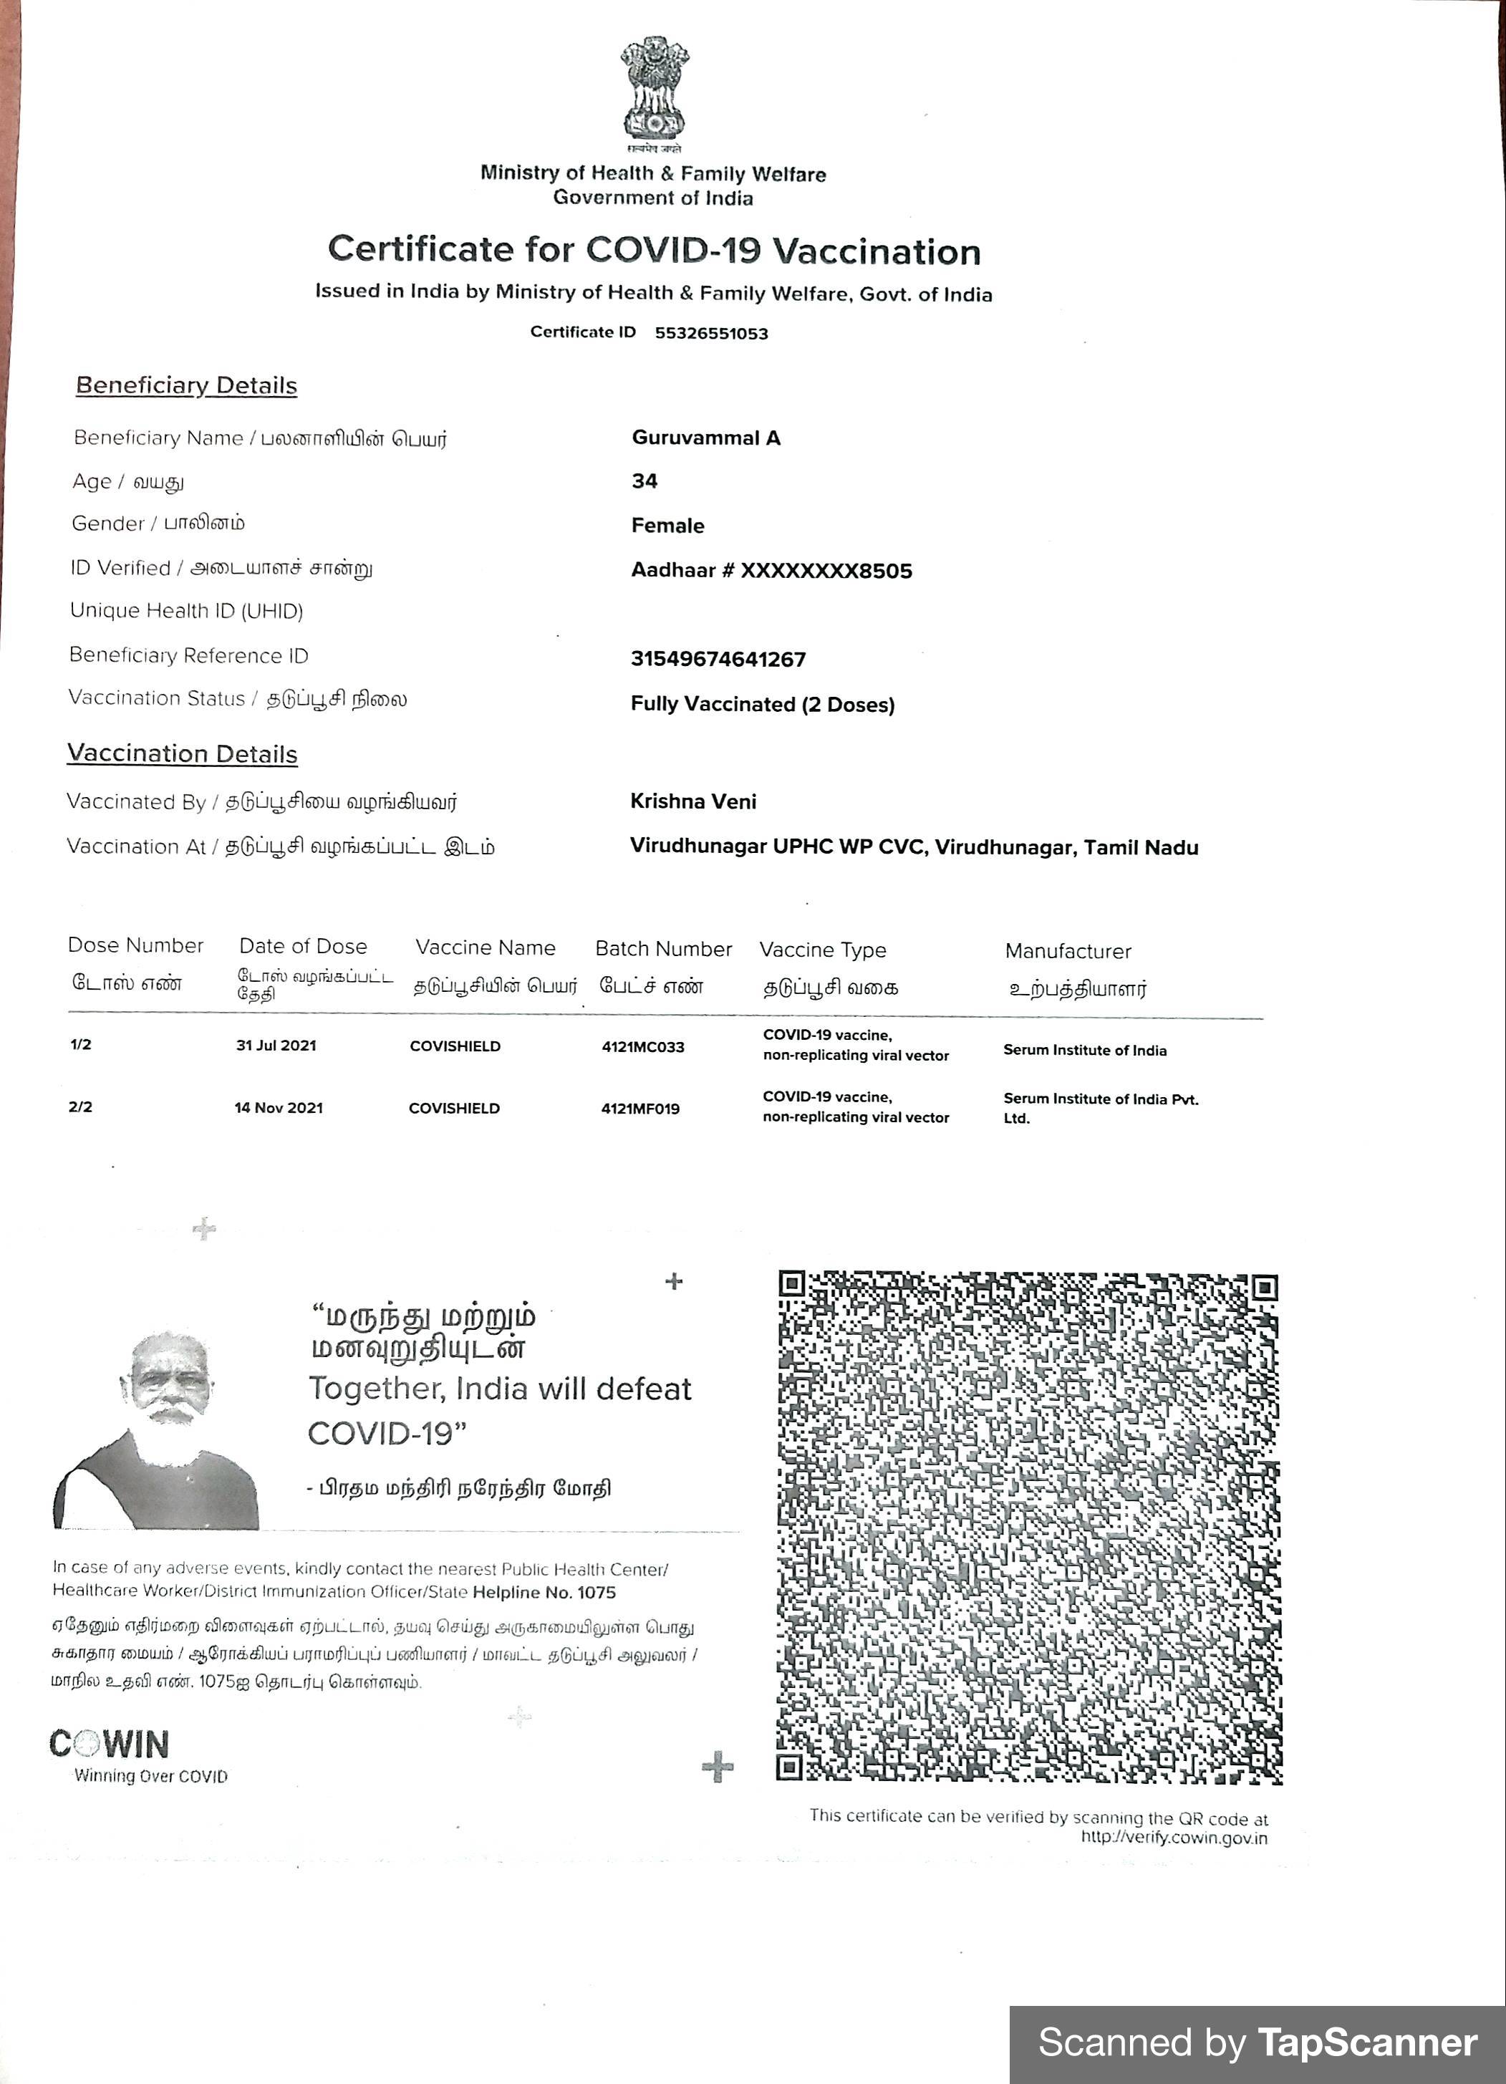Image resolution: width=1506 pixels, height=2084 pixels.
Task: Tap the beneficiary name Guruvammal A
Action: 705,438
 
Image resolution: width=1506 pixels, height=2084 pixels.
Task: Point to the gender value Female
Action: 668,526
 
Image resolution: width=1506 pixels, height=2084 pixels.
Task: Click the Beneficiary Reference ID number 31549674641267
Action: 718,659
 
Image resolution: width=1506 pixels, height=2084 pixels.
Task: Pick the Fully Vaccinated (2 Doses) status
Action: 762,705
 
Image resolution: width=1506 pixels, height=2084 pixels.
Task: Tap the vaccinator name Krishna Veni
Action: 692,801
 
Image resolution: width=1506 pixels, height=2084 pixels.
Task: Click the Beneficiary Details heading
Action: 186,386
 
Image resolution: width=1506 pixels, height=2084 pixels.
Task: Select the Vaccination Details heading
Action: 182,754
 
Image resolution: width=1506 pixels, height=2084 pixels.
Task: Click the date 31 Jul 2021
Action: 276,1046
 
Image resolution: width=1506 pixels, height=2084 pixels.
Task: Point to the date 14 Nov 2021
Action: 279,1108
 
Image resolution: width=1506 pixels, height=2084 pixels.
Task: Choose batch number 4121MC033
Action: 642,1046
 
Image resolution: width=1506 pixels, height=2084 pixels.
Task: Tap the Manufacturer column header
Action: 1068,951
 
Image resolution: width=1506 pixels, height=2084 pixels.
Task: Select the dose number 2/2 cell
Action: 80,1107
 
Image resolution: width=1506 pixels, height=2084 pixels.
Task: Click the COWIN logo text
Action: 110,1744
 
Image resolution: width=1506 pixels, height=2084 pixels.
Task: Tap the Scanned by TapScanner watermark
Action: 1257,2042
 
